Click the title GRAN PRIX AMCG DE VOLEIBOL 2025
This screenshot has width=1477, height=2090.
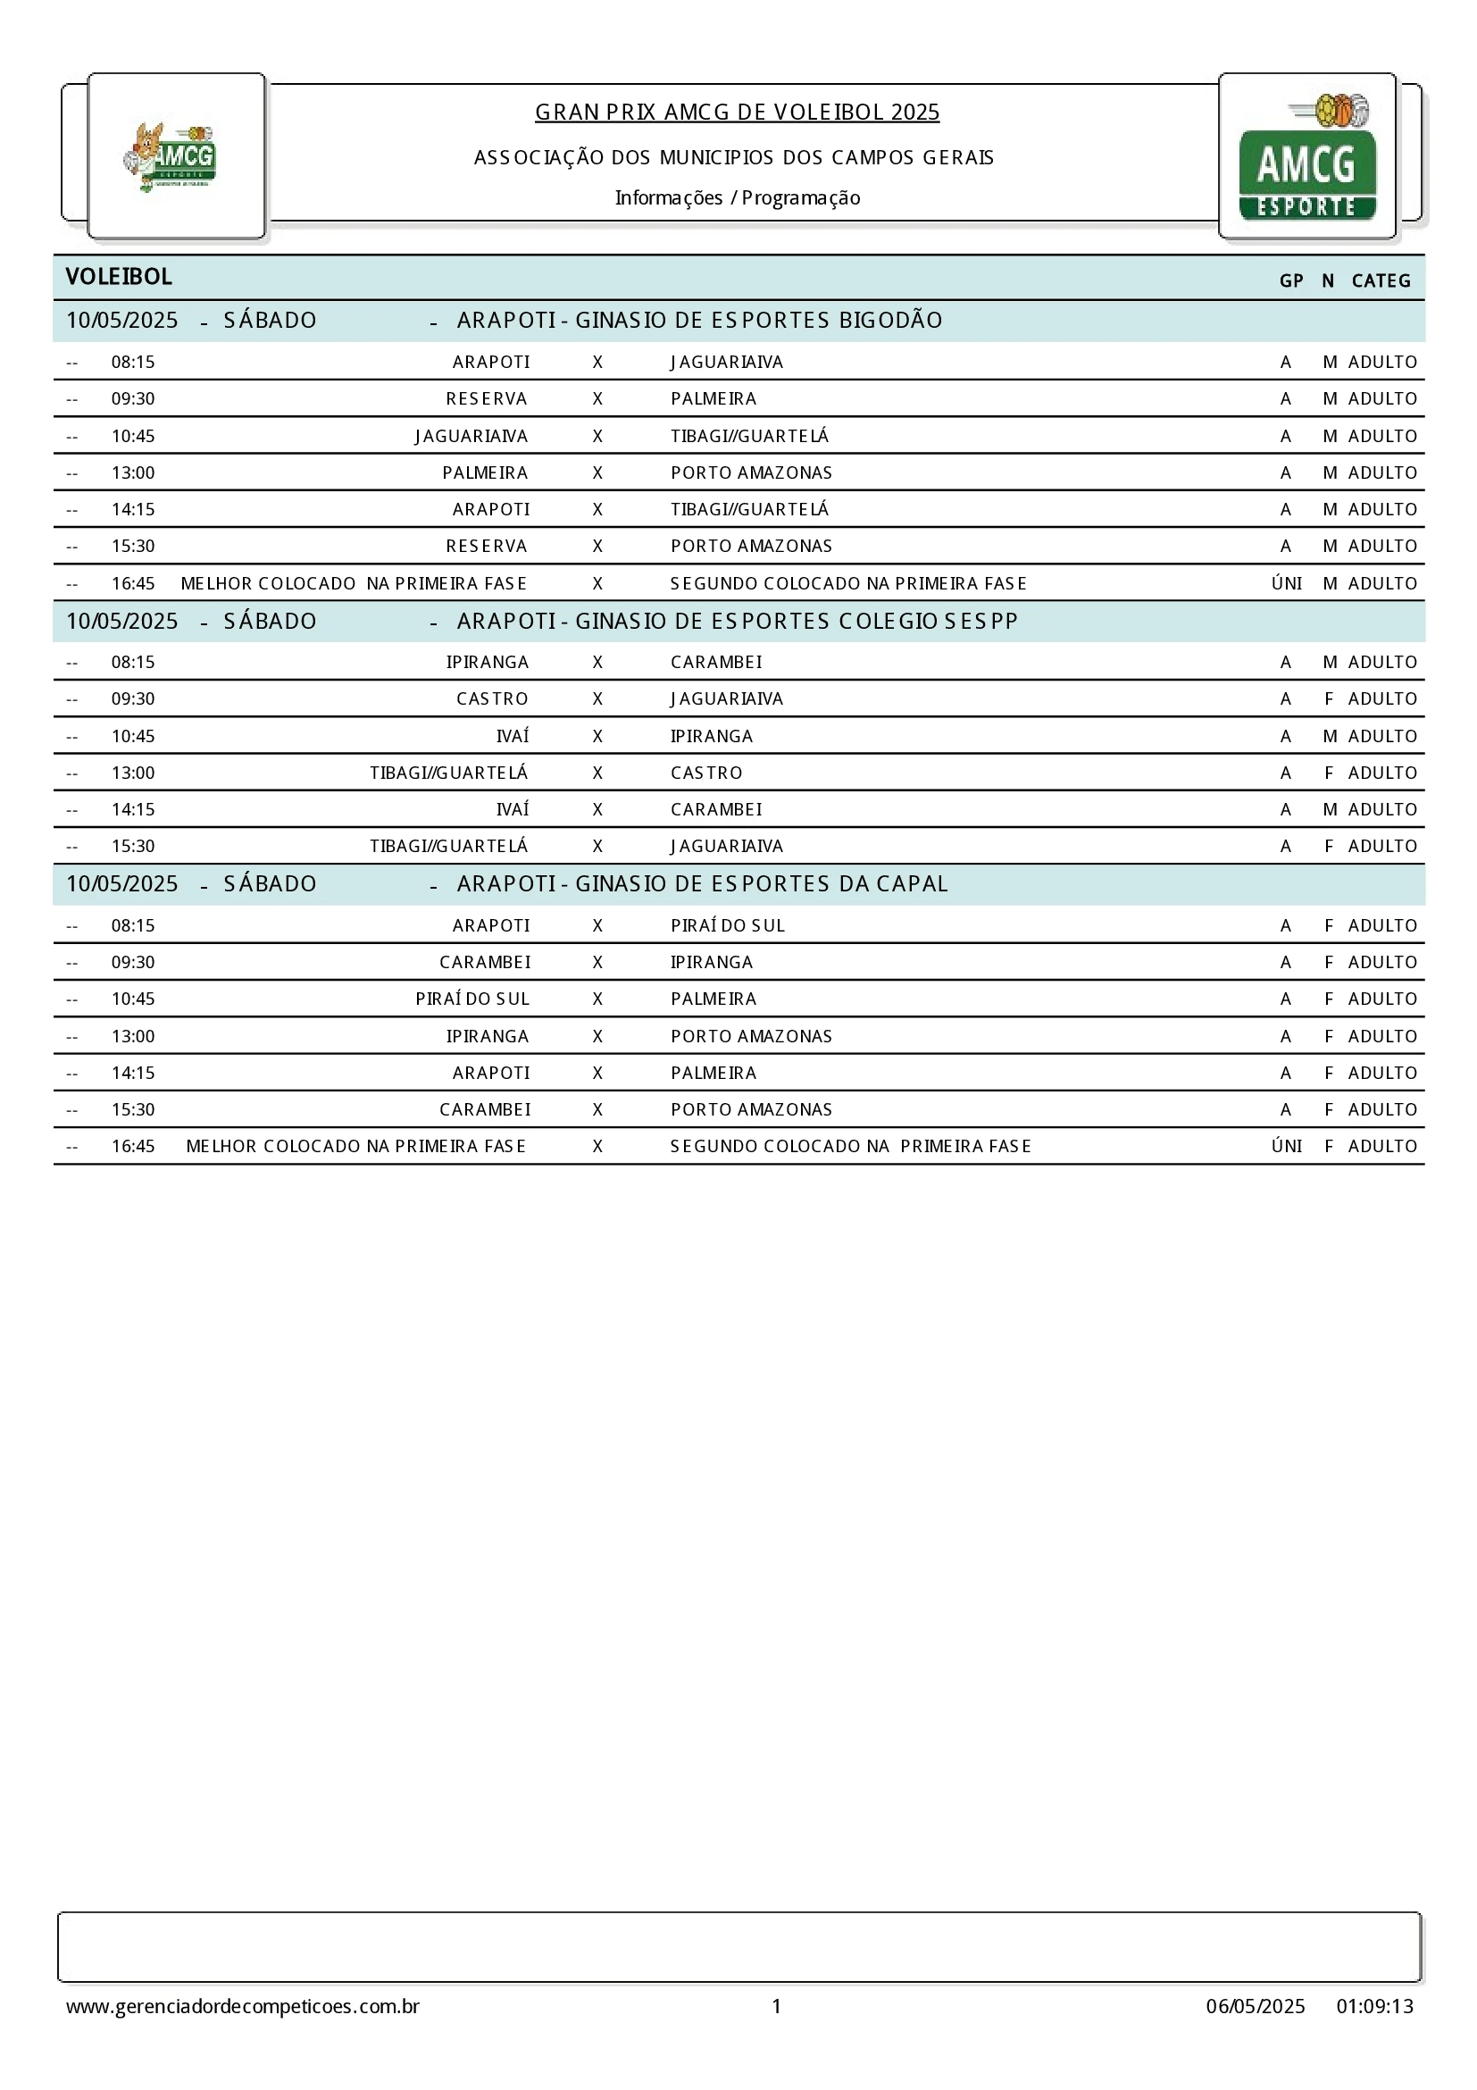(737, 112)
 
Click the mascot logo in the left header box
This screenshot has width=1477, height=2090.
(171, 156)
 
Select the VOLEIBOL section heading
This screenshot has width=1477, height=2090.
(118, 277)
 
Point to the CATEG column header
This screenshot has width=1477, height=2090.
(1381, 280)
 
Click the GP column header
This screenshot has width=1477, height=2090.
(1290, 280)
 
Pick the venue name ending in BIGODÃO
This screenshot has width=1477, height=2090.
(699, 321)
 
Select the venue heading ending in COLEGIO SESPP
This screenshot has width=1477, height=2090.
(737, 621)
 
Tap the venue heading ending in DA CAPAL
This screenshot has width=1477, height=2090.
(702, 884)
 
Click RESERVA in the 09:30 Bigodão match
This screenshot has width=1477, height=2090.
(486, 398)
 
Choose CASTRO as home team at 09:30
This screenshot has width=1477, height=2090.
(491, 699)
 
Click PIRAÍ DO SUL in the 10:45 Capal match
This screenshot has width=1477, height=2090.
(471, 999)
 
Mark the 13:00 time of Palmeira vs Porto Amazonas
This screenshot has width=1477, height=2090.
(133, 472)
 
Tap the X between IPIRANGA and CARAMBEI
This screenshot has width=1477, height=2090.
(597, 663)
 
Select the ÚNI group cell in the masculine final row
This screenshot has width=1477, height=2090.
(1286, 583)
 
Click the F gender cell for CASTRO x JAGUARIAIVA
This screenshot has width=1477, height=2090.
(1329, 699)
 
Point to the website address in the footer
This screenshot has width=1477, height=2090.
(242, 2006)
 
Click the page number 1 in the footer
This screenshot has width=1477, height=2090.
(776, 2006)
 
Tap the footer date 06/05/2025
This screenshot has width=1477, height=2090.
(1255, 2006)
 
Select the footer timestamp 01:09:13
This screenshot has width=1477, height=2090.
(1374, 2006)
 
